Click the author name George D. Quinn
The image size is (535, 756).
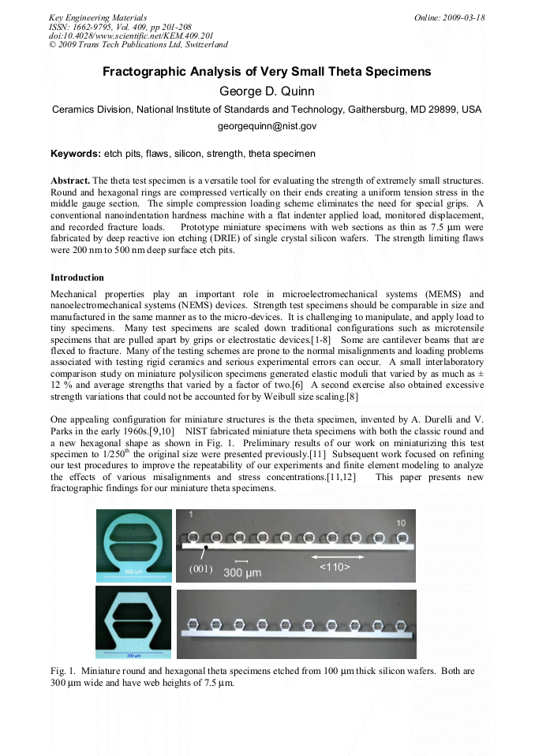tap(267, 91)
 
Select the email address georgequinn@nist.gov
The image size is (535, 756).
tap(267, 126)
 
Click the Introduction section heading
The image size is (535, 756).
tap(77, 277)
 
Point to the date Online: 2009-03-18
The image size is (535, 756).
tap(449, 17)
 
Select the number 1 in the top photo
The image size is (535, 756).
tap(191, 515)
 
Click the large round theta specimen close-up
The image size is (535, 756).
tap(132, 544)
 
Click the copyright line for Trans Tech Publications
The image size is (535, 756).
tap(138, 45)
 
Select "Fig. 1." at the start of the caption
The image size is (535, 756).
tap(64, 670)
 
